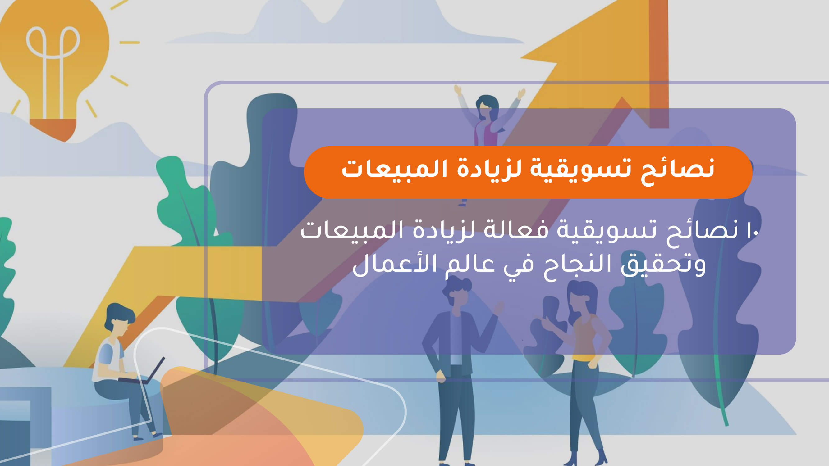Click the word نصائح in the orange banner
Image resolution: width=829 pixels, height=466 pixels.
(677, 170)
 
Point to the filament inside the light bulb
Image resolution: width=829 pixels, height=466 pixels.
(53, 58)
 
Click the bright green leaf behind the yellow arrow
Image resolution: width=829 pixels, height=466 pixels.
(180, 199)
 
